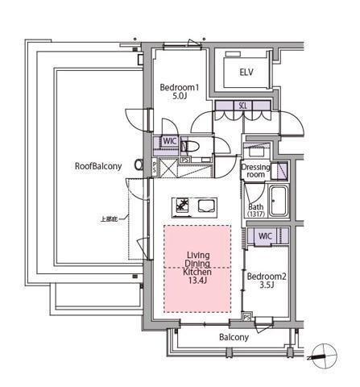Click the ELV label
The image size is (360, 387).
click(x=246, y=73)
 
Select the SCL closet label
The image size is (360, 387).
click(x=242, y=106)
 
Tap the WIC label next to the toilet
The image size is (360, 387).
click(x=169, y=140)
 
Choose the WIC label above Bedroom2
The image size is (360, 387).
click(x=263, y=236)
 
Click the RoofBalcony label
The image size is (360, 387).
click(x=98, y=166)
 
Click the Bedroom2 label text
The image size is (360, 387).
click(x=266, y=275)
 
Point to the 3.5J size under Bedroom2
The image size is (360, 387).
click(x=267, y=285)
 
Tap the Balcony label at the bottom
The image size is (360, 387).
click(x=234, y=337)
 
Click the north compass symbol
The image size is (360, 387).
click(x=321, y=353)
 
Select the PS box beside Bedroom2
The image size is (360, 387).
click(x=248, y=316)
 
